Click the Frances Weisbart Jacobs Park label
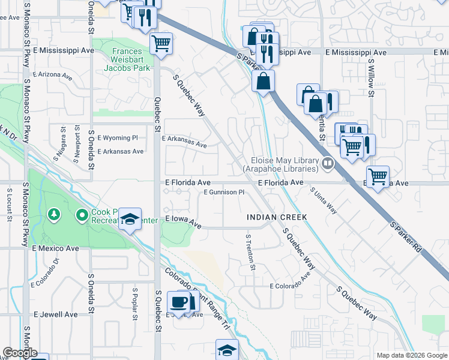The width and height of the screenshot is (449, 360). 131,60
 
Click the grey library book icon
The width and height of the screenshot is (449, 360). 328,163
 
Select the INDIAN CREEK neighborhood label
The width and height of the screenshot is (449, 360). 277,217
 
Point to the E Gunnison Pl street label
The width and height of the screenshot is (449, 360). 224,193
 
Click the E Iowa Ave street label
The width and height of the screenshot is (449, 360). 183,221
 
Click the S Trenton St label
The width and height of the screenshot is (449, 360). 250,252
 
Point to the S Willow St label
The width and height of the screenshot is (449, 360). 371,77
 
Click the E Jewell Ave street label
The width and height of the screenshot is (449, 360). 56,314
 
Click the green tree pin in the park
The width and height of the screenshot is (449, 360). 54,214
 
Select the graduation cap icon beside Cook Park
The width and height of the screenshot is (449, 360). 129,220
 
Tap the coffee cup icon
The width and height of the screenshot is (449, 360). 179,301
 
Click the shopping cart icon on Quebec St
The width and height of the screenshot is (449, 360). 161,43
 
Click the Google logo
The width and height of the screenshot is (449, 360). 20,353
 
